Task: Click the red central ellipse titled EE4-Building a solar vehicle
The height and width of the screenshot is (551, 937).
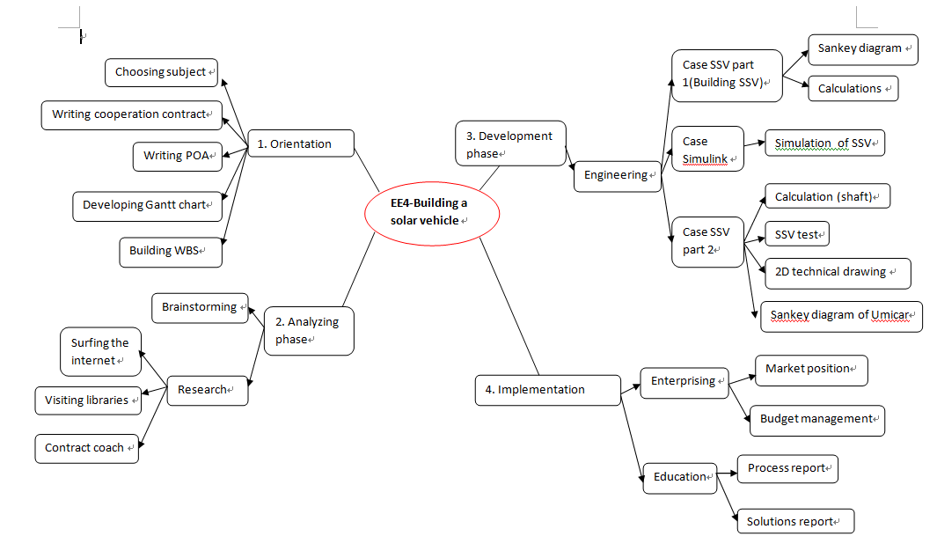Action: (431, 212)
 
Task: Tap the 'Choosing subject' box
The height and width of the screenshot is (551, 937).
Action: (161, 72)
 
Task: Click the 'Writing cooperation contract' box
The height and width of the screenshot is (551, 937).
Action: (131, 114)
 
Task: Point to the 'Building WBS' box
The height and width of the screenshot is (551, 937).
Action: (170, 251)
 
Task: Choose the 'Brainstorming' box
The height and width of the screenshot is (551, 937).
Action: (200, 307)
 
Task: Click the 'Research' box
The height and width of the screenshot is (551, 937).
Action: (207, 390)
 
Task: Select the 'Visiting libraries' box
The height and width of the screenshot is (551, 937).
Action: (87, 400)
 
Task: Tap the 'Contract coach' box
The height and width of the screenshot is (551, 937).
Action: (86, 448)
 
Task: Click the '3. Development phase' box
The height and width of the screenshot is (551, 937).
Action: (510, 143)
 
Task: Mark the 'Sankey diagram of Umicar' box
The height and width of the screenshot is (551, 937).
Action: (841, 315)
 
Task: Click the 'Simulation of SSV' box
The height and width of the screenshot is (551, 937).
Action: (824, 143)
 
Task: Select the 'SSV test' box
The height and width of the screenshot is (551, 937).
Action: (796, 235)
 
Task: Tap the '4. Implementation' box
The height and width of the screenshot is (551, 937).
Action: (547, 390)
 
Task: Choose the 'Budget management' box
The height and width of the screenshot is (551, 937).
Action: (816, 420)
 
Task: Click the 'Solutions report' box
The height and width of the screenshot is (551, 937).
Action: (794, 522)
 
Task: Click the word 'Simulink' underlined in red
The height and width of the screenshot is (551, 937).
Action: (705, 158)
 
